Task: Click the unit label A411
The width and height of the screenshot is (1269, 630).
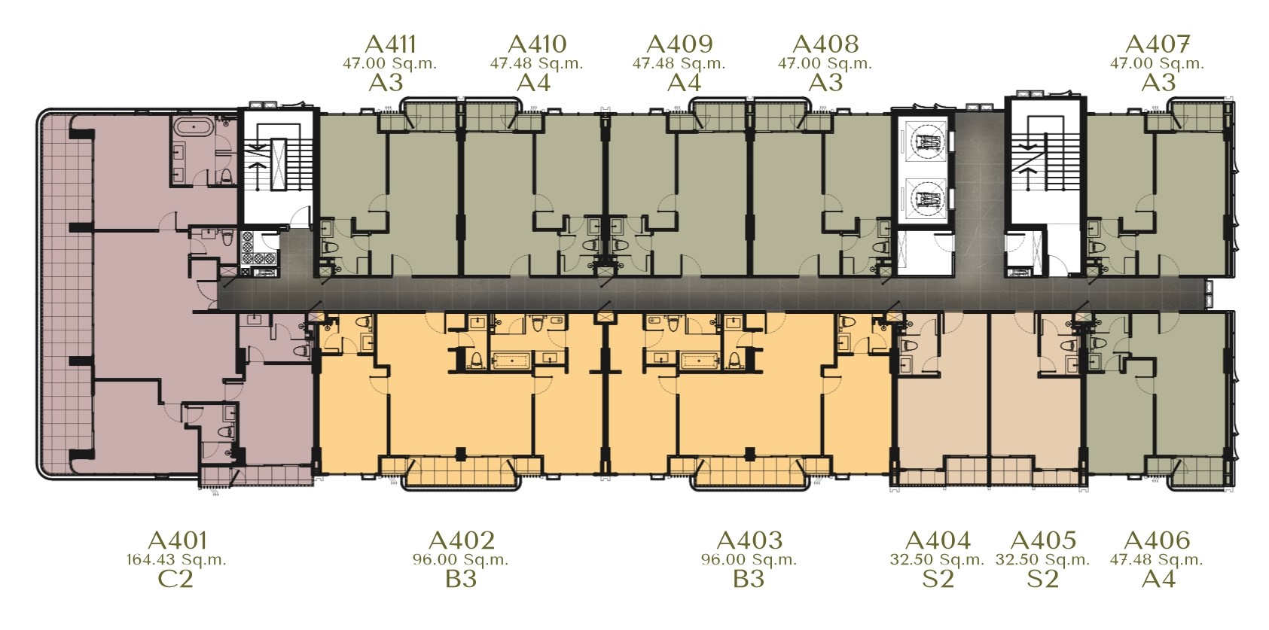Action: [x=390, y=44]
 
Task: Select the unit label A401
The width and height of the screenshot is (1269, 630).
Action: [x=177, y=540]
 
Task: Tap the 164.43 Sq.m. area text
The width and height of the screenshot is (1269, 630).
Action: [x=176, y=560]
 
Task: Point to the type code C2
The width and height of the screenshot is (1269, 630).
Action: [x=175, y=579]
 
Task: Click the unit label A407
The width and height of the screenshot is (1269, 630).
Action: [x=1158, y=44]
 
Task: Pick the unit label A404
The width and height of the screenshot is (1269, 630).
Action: [x=938, y=540]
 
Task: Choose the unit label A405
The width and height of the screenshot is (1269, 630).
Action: [x=1044, y=540]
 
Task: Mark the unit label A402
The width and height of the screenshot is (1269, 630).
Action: [x=462, y=540]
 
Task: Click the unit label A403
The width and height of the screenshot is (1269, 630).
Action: [x=749, y=540]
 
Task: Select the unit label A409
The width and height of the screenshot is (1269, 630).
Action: [x=680, y=44]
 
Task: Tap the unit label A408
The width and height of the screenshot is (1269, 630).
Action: [x=825, y=44]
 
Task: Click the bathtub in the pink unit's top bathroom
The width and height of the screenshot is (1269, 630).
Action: [x=194, y=126]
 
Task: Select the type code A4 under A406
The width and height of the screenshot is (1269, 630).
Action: [x=1158, y=579]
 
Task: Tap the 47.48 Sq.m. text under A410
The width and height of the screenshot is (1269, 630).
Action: [x=536, y=63]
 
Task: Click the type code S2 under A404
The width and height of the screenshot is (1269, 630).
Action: [x=938, y=579]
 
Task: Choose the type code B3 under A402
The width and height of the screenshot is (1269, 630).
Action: [x=461, y=579]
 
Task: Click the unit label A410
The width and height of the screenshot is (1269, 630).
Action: [x=536, y=44]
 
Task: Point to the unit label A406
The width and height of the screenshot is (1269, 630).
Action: [x=1158, y=540]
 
